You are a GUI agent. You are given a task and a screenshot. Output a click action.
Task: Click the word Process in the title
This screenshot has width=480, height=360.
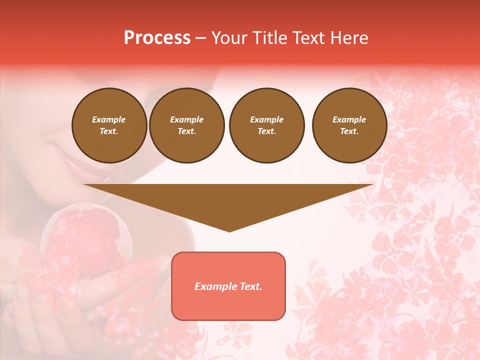[x=157, y=38]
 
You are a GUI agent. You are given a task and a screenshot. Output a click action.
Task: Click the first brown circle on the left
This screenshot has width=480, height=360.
[x=109, y=125]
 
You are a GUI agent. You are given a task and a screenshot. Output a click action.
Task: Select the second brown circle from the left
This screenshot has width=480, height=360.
[x=186, y=125]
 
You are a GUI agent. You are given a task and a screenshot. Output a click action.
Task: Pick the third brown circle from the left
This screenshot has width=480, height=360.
[x=266, y=125]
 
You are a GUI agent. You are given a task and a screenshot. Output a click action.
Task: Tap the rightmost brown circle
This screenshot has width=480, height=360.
[x=349, y=125]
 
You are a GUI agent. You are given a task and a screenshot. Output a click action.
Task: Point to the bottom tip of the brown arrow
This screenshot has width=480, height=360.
[x=229, y=231]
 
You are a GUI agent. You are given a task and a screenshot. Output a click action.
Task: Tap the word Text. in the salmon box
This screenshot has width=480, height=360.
[x=250, y=286]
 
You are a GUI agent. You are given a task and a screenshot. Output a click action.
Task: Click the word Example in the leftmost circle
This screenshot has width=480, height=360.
[x=109, y=119]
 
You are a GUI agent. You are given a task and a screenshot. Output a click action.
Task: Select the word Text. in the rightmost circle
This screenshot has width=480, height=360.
[x=349, y=131]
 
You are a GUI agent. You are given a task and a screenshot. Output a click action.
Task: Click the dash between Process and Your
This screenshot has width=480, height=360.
[x=200, y=38]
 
